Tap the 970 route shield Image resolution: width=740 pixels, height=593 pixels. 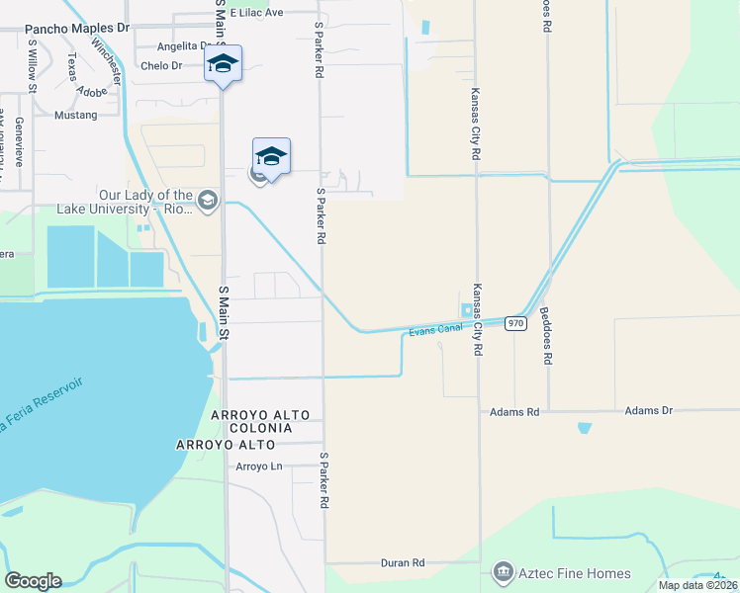pos(514,323)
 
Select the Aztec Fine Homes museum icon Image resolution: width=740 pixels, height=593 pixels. pos(503,572)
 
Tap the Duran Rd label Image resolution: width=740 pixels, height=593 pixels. pos(402,562)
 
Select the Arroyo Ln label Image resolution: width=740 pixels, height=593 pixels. pos(259,466)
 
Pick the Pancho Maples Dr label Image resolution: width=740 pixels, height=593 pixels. pos(77,29)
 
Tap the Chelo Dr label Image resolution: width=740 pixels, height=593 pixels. pos(162,66)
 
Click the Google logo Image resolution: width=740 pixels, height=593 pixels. pos(32,581)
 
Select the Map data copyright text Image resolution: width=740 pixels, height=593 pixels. pos(697,585)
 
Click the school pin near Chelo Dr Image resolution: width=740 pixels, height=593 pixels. pos(223,64)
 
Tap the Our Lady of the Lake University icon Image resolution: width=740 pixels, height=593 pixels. pos(208,202)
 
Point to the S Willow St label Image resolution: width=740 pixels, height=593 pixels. pos(33,66)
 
